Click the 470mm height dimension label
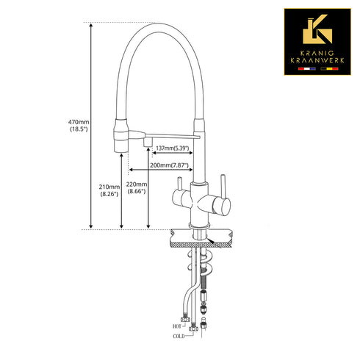(79, 125)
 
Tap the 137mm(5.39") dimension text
(173, 148)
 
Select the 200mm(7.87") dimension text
(169, 165)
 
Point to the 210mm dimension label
(109, 190)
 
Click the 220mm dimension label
(137, 187)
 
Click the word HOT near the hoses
(177, 326)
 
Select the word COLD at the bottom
(179, 336)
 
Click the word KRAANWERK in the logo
(317, 60)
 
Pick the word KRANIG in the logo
(317, 53)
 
